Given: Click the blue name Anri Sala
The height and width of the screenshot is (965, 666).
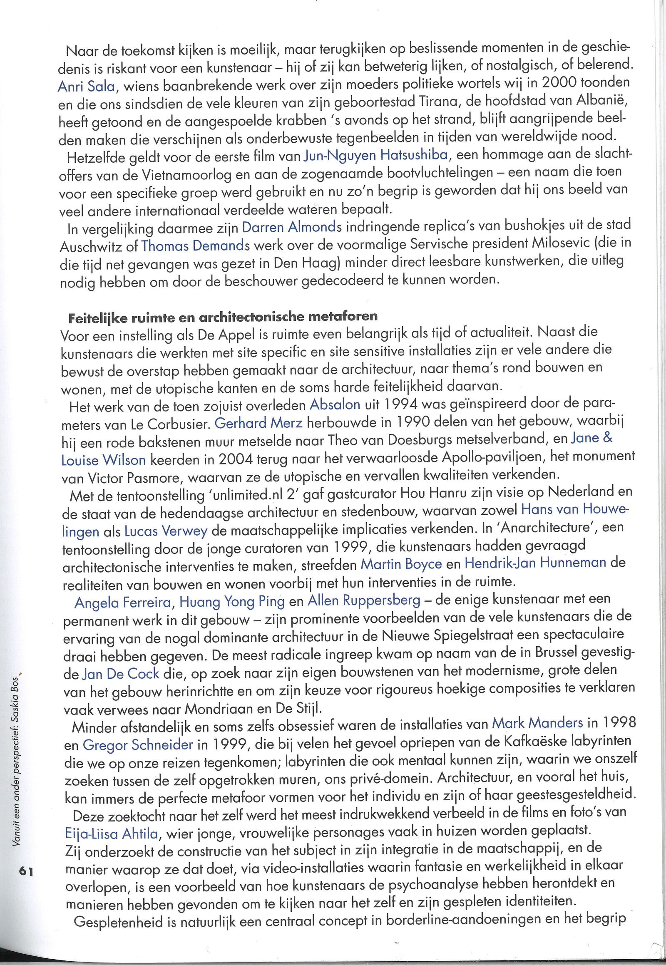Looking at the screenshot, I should coord(86,86).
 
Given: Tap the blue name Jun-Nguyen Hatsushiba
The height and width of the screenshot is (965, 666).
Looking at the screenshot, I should coord(375,156).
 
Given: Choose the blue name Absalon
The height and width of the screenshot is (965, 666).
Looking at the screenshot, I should coord(335,404).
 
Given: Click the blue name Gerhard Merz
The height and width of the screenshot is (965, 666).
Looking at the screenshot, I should coord(258,424).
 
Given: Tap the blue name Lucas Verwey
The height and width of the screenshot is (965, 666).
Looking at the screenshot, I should coord(166,531).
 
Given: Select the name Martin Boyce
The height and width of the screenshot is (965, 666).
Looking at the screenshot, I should coord(401,565).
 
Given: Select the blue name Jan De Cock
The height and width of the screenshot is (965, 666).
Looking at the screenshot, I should coord(121,674).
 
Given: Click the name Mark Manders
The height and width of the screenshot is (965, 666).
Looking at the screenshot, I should coord(537,722).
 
